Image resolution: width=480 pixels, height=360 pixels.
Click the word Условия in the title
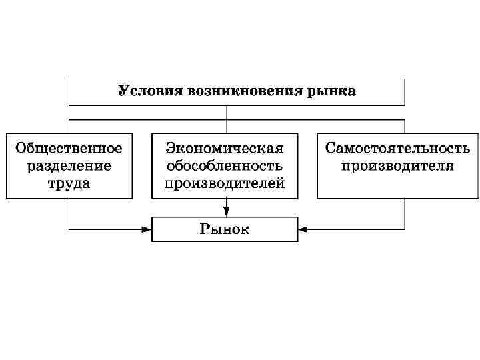click(142, 91)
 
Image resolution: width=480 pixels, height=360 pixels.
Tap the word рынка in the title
click(331, 91)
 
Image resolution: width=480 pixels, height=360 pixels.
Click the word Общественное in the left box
click(69, 148)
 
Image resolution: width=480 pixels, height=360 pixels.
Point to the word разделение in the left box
click(69, 165)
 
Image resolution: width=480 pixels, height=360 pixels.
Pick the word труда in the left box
click(69, 183)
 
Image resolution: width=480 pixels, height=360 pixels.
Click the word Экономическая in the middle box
click(225, 148)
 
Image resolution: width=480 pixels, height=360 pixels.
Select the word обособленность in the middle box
click(225, 165)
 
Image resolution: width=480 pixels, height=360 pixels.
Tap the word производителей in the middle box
click(225, 183)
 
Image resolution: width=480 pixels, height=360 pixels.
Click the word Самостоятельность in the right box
click(398, 148)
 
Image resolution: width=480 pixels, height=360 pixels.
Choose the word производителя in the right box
click(398, 165)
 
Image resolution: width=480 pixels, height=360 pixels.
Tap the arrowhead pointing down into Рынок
click(227, 213)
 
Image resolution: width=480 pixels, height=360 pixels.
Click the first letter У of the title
click(123, 91)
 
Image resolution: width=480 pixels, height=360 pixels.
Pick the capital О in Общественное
click(21, 148)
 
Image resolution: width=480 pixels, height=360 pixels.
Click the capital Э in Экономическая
click(171, 148)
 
